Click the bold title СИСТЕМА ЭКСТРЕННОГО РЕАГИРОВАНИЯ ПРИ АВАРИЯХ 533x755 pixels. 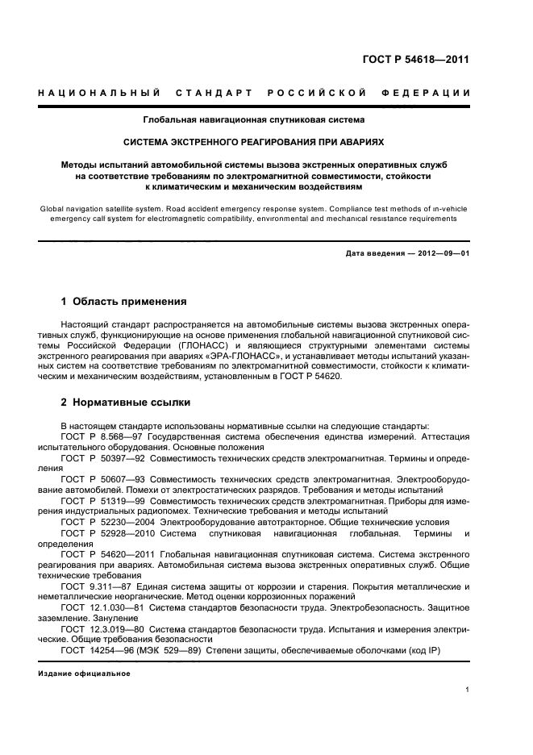253,140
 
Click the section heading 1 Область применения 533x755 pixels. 123,302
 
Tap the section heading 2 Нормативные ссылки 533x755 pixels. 125,403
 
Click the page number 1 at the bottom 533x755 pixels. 468,690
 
